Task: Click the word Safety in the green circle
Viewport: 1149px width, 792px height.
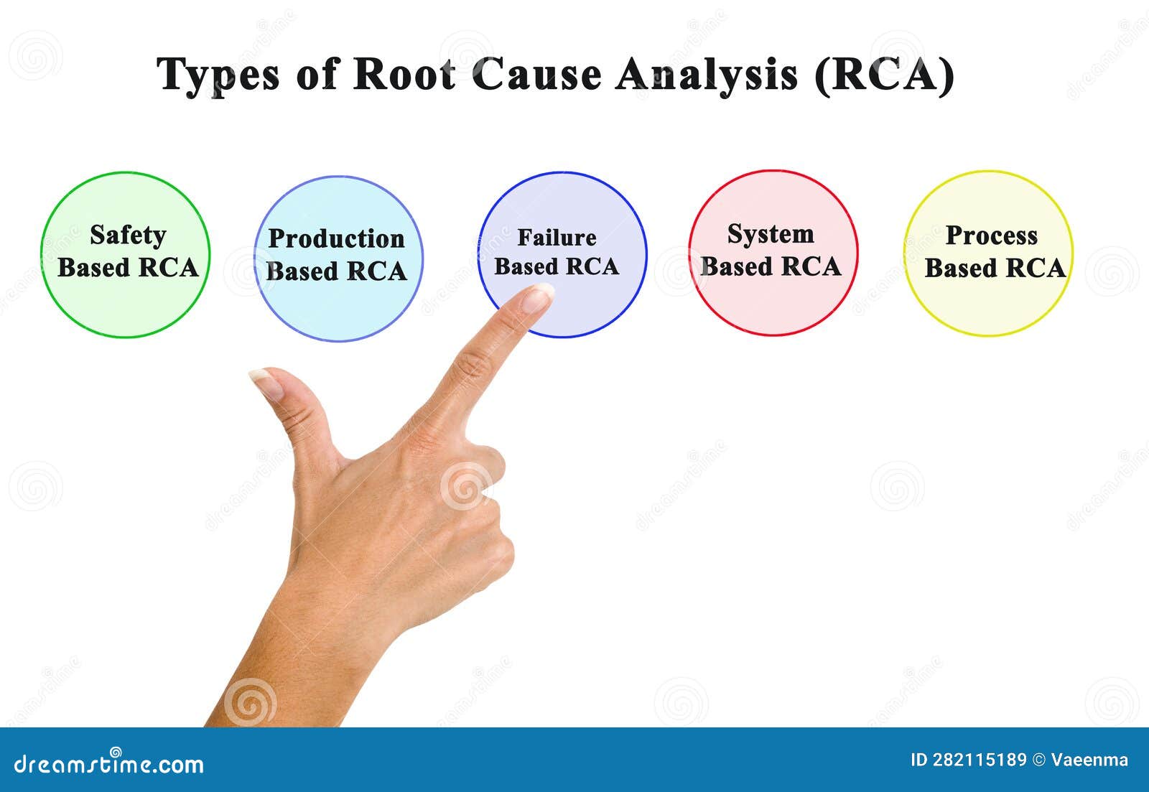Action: click(128, 235)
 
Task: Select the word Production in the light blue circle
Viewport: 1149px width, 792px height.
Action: click(336, 238)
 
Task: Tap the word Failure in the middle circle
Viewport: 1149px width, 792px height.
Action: click(557, 238)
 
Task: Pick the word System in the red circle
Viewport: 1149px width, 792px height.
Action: click(771, 234)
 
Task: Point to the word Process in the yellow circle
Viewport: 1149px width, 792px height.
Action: click(991, 236)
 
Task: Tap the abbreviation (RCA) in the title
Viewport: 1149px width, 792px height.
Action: click(884, 74)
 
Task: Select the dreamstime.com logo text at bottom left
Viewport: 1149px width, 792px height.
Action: click(109, 764)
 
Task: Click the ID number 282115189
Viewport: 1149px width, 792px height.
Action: click(980, 760)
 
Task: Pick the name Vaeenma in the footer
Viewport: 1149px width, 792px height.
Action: click(1089, 760)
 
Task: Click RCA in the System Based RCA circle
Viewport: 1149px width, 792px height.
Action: click(811, 266)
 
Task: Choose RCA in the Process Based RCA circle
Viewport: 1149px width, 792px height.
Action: click(1035, 268)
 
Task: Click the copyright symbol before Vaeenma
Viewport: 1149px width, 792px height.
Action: click(1038, 760)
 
